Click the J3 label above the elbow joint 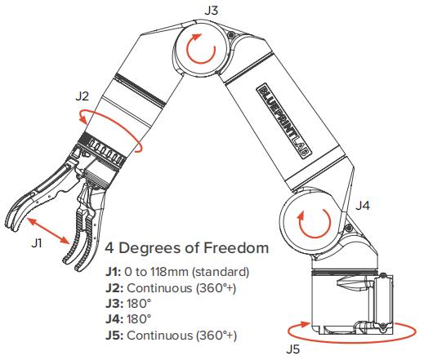pos(211,11)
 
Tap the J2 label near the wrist pos(83,96)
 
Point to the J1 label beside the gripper pos(37,243)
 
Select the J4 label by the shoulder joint pos(363,206)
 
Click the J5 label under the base pos(292,349)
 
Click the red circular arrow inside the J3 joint pos(201,48)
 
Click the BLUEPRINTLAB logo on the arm pos(284,121)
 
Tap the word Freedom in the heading pos(236,248)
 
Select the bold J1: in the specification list pos(114,272)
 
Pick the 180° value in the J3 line pos(139,304)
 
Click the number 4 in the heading pos(109,248)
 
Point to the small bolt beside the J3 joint pos(231,34)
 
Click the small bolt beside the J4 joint pos(347,228)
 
